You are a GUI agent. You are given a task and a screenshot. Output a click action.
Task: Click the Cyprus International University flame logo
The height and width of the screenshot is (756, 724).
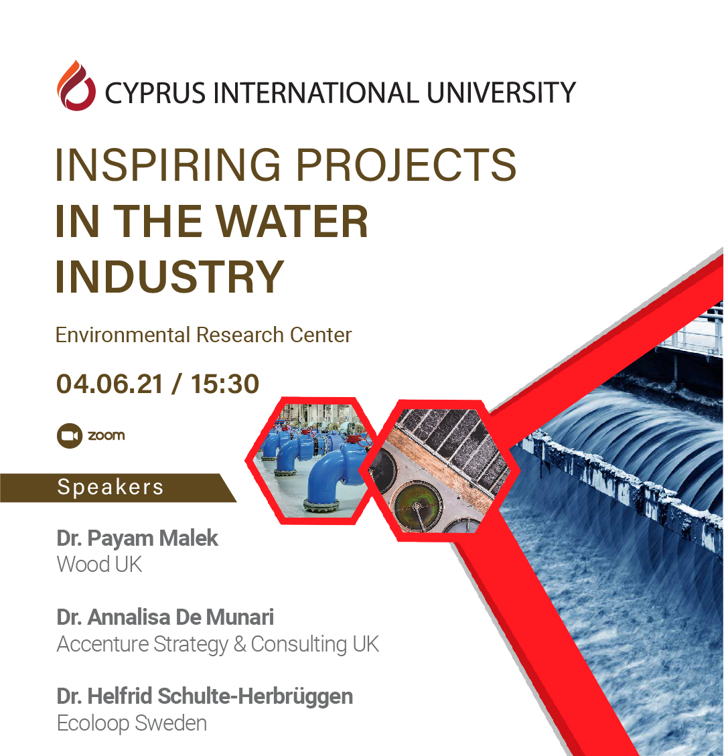[76, 85]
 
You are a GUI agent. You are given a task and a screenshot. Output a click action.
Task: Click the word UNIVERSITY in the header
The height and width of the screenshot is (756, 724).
[502, 92]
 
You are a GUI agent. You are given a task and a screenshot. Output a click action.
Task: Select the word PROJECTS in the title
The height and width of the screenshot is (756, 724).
[406, 165]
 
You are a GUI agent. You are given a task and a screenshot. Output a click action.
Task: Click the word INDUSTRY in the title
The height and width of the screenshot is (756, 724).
[170, 277]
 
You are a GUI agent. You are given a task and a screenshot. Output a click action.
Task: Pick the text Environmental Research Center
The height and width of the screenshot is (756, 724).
[204, 335]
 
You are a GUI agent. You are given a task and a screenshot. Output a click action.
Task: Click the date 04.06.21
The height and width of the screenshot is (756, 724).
[110, 384]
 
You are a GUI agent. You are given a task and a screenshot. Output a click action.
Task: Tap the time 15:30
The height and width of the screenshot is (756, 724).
[225, 384]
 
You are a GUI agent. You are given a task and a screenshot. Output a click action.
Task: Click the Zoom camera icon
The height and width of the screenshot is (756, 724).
[68, 436]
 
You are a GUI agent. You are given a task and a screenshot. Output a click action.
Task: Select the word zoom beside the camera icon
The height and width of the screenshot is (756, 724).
[106, 435]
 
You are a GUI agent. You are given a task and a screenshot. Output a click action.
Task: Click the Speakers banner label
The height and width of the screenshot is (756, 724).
[111, 487]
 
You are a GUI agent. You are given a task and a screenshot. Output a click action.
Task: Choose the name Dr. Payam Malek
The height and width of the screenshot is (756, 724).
[137, 538]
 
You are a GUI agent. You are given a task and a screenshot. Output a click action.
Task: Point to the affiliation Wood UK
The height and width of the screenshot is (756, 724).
[100, 564]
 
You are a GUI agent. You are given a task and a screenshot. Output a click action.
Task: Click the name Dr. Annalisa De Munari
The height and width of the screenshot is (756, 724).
[165, 617]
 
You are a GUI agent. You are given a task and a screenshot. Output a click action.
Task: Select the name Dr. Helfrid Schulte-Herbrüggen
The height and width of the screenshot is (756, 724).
[205, 696]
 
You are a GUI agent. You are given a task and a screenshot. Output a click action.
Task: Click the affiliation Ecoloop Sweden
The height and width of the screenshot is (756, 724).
[132, 723]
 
